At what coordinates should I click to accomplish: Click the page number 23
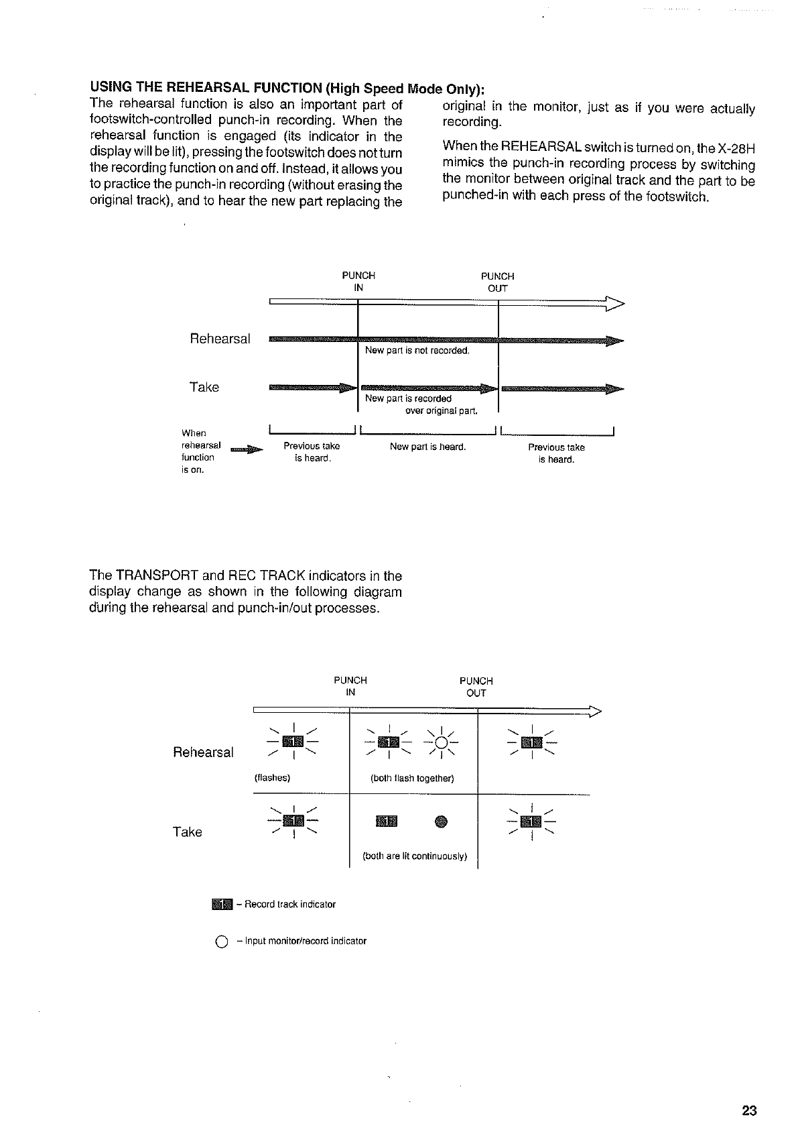(749, 1111)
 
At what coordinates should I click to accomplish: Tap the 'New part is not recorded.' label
(417, 351)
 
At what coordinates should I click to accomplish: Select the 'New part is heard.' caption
(427, 447)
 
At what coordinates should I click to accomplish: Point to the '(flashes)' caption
(271, 778)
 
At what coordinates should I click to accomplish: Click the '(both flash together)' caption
(412, 778)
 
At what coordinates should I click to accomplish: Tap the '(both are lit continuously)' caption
(414, 856)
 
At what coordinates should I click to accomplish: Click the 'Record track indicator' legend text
(289, 904)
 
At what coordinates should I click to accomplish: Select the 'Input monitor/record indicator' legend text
(305, 941)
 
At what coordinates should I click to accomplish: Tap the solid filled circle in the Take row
(440, 821)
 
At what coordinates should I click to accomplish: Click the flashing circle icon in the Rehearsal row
(442, 742)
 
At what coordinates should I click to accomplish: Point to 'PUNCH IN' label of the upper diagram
(358, 282)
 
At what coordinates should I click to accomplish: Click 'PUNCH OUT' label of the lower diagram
(476, 687)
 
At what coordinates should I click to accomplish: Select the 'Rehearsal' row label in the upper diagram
(220, 339)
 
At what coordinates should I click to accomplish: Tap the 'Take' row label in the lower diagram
(187, 832)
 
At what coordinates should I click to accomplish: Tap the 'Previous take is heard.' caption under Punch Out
(556, 453)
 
